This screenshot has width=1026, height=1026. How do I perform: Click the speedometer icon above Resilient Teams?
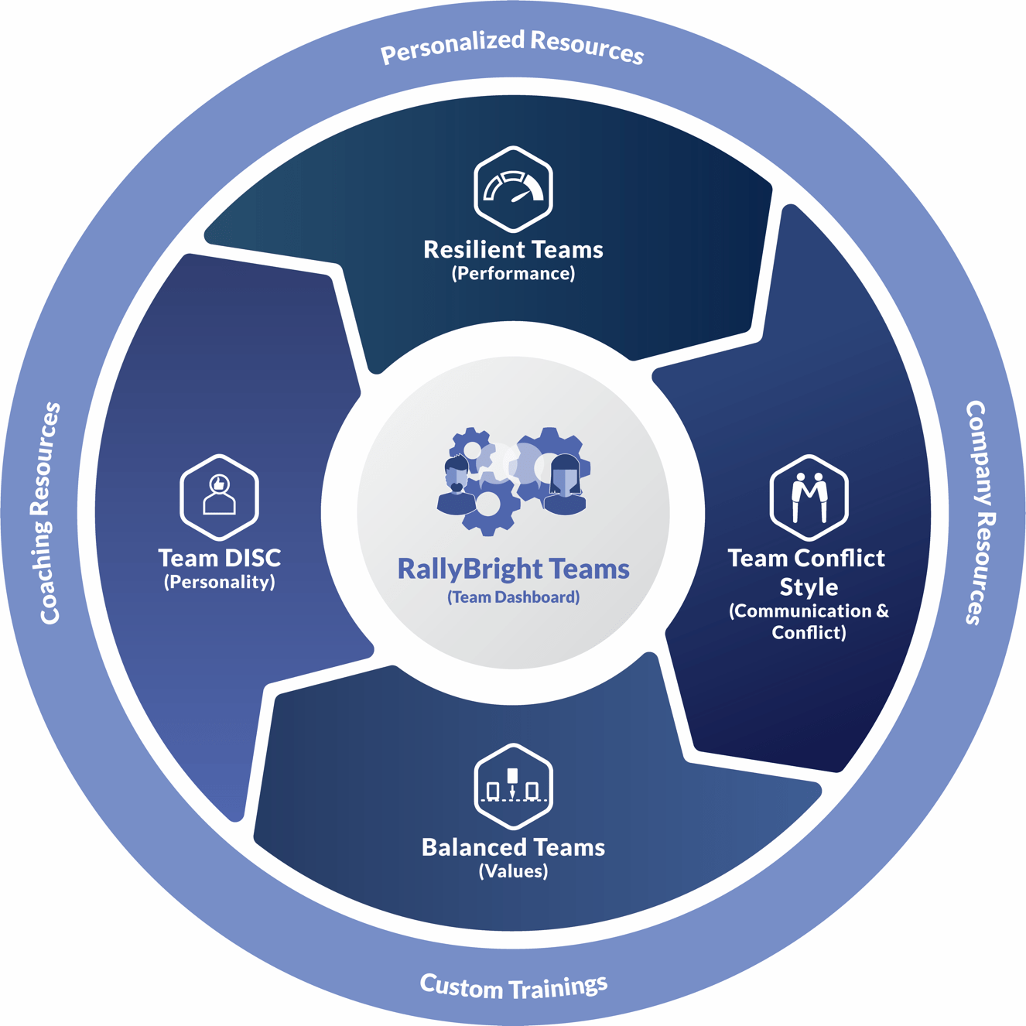[513, 189]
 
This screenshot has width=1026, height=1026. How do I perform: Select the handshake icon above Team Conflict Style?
[809, 497]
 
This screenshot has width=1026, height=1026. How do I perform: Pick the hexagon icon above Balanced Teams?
[513, 786]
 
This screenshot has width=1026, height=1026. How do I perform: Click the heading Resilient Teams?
[513, 250]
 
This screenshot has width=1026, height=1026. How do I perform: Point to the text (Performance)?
[513, 274]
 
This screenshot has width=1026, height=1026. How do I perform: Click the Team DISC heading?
[219, 558]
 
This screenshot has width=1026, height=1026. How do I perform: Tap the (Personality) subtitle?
[219, 582]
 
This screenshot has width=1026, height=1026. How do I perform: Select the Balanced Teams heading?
[513, 847]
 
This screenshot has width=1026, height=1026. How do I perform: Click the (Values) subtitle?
[513, 871]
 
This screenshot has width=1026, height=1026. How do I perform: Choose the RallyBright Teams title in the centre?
[513, 569]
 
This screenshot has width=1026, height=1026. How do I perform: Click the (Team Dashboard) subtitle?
[513, 597]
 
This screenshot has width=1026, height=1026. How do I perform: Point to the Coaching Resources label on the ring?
[46, 512]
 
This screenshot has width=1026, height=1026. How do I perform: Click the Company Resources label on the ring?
[980, 512]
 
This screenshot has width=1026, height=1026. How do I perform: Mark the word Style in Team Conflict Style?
[809, 587]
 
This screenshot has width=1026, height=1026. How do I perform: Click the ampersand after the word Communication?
[882, 611]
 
